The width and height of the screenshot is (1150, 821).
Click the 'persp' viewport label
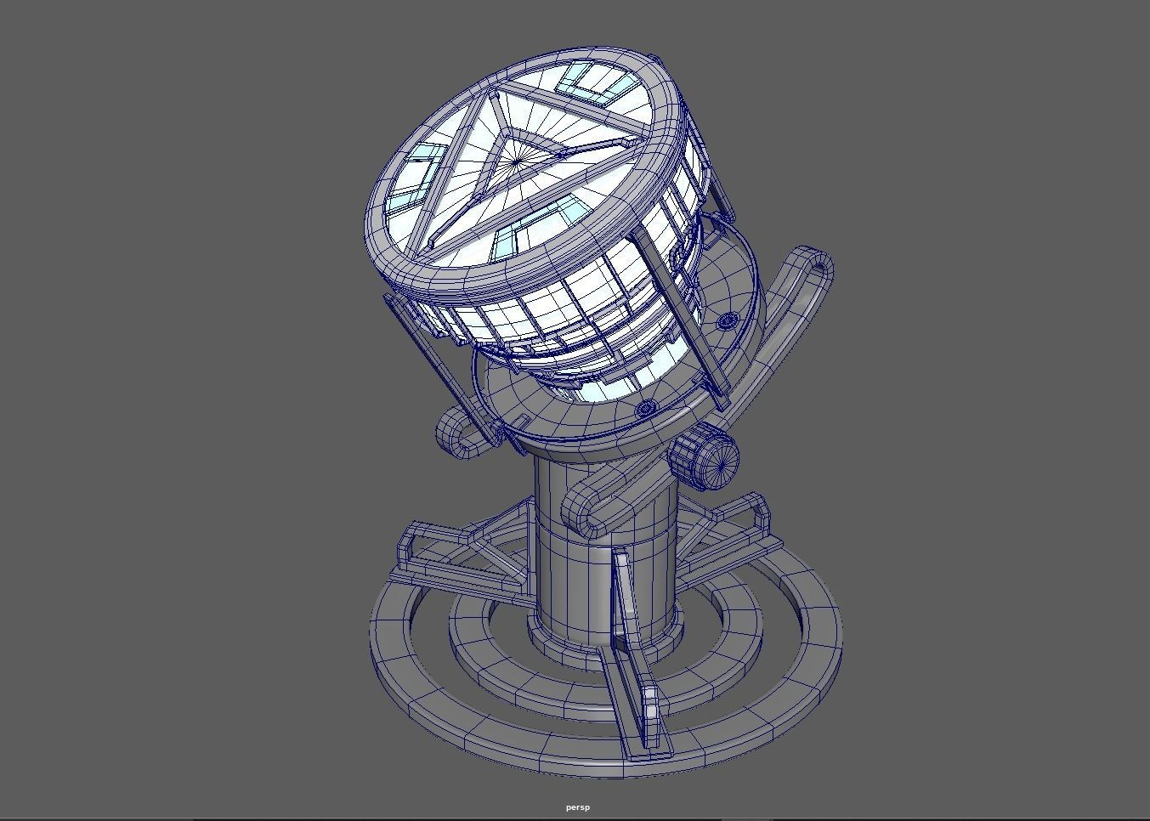pos(577,807)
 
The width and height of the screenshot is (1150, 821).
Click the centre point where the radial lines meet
pos(517,161)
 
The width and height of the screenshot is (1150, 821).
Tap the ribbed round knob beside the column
pos(706,459)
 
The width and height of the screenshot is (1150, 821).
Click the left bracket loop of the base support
pos(416,544)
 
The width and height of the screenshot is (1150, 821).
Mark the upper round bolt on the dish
pos(728,321)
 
